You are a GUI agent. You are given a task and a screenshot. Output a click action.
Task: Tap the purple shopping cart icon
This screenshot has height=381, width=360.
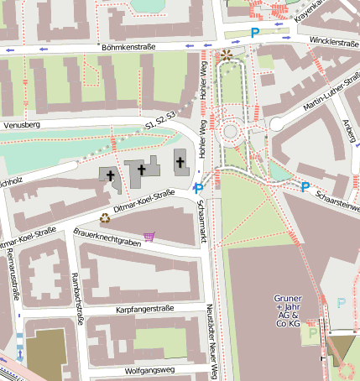[x=149, y=237]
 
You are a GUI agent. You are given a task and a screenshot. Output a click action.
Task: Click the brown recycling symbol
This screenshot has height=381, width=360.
[x=105, y=217]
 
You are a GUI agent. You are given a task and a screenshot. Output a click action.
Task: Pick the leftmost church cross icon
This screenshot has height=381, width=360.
[x=110, y=175]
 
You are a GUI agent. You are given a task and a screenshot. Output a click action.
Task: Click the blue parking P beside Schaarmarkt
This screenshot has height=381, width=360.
[x=198, y=188]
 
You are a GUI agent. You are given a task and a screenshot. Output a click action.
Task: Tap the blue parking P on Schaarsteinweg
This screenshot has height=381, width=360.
[x=305, y=187]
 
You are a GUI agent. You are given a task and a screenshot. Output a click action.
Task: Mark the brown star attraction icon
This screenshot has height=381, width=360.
[x=227, y=56]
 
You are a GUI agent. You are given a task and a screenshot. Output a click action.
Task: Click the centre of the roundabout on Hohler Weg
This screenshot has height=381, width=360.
[x=231, y=132]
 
